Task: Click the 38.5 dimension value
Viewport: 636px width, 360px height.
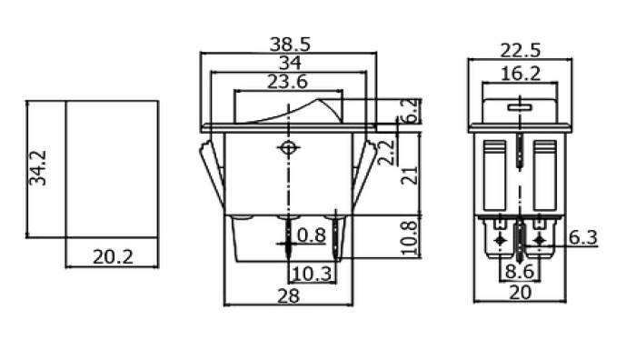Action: pos(290,45)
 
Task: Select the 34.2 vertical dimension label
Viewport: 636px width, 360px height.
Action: pos(38,168)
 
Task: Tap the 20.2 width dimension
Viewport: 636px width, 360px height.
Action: pos(113,257)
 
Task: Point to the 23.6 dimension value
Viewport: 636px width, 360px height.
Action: pos(288,82)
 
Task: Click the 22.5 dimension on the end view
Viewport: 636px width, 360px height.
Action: pos(521,51)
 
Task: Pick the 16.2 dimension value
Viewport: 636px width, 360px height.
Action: pos(521,75)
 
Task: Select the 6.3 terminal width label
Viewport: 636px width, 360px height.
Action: pos(583,237)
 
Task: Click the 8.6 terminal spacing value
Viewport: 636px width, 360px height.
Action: pos(520,272)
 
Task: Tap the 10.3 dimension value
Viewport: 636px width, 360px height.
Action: pos(312,274)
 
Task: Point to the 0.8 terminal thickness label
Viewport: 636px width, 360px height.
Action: pos(312,235)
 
